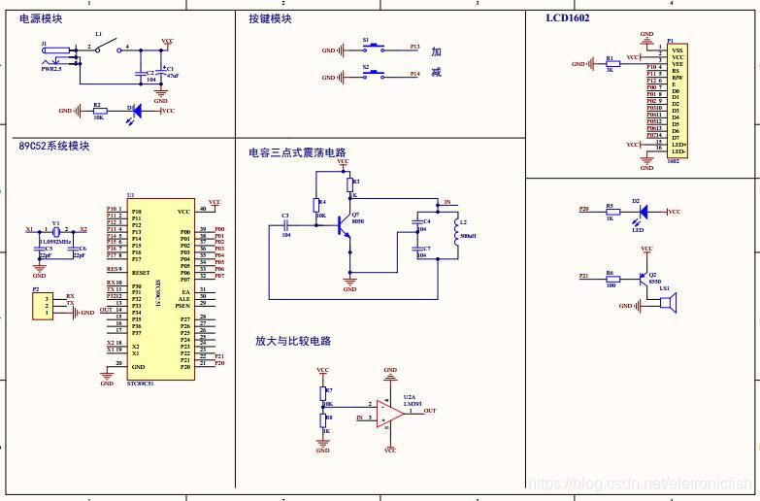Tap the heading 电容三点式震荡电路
297,152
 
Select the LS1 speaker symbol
666,305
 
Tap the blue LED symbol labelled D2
636,211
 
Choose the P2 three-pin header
41,306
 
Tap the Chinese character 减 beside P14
437,74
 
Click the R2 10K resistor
98,111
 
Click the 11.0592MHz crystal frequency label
56,240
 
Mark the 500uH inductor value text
468,236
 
